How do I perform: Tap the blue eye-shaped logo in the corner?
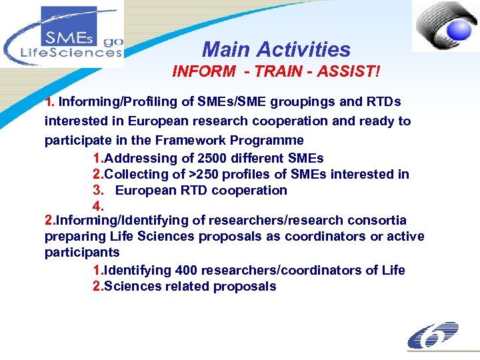point(445,26)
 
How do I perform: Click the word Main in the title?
point(226,49)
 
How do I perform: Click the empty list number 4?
point(99,205)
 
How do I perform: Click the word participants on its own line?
point(82,253)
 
